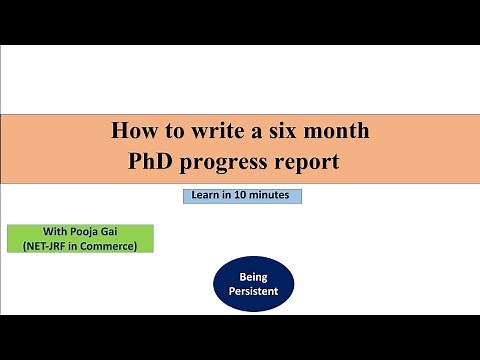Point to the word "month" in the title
(341, 130)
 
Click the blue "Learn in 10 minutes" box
(242, 196)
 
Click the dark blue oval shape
(253, 283)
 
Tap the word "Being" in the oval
(253, 275)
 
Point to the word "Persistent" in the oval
(253, 292)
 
